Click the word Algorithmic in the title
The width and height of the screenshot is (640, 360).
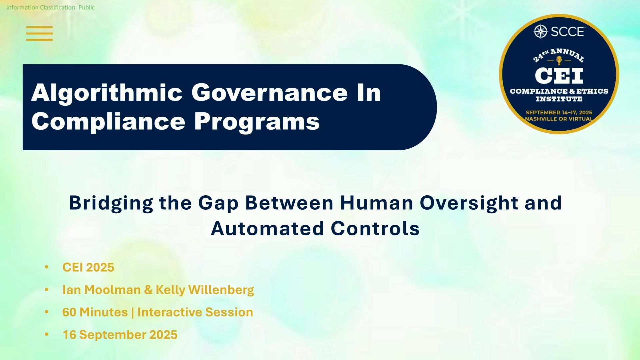(107, 93)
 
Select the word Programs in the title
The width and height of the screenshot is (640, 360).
(257, 122)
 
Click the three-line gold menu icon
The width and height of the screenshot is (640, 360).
(39, 33)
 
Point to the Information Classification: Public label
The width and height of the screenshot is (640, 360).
(50, 7)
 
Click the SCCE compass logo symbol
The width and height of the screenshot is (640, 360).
(541, 32)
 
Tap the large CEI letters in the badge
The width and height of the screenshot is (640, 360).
(559, 76)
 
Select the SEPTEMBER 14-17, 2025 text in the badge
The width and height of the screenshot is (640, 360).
(559, 113)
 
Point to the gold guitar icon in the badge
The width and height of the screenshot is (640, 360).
(559, 60)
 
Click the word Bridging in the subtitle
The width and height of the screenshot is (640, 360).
(111, 203)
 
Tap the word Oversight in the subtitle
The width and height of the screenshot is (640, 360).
(469, 203)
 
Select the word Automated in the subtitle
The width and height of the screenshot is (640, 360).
(267, 229)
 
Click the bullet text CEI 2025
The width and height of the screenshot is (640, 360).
(88, 267)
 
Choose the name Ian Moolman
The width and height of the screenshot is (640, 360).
(101, 290)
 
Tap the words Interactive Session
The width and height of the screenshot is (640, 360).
(195, 312)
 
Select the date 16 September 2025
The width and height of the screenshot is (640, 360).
(120, 335)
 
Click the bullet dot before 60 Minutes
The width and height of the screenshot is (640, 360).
(47, 312)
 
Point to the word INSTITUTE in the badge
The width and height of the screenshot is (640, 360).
(559, 99)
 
